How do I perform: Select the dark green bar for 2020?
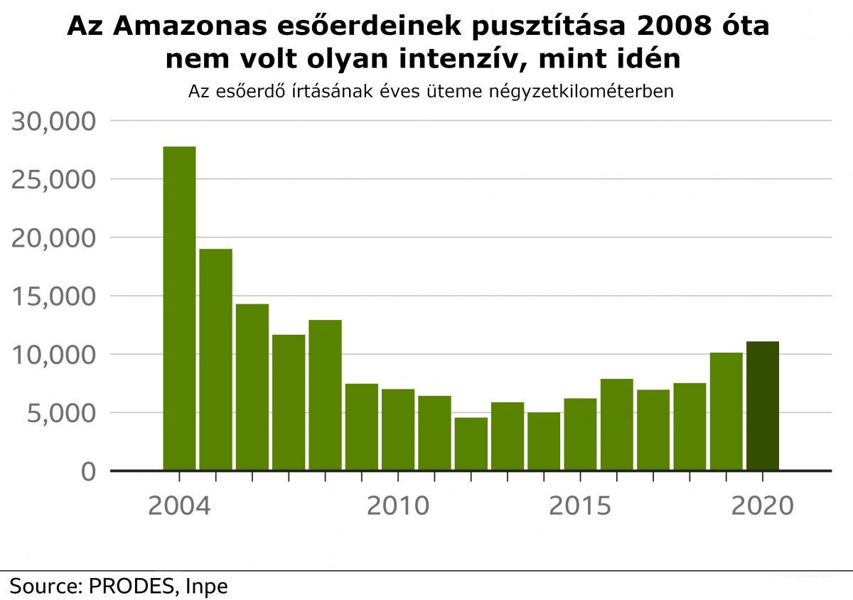pyautogui.click(x=762, y=406)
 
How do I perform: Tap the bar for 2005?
pyautogui.click(x=215, y=359)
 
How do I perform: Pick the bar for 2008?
pyautogui.click(x=325, y=395)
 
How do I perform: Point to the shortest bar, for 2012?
pyautogui.click(x=471, y=444)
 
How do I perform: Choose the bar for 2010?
pyautogui.click(x=398, y=429)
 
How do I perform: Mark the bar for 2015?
pyautogui.click(x=580, y=434)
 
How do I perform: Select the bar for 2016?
pyautogui.click(x=616, y=424)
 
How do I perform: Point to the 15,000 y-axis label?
pyautogui.click(x=53, y=296)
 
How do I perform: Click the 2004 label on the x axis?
pyautogui.click(x=179, y=506)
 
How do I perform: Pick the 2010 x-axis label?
pyautogui.click(x=398, y=506)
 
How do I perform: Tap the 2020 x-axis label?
pyautogui.click(x=762, y=506)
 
